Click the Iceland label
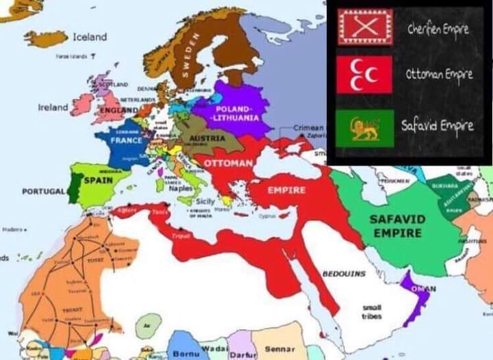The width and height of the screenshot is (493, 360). click(90, 36)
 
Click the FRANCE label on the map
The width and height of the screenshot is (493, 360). click(126, 140)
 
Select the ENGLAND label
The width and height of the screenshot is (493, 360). click(118, 110)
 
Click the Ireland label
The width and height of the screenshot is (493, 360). click(53, 107)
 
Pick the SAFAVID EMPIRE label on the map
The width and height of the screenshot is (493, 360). click(398, 226)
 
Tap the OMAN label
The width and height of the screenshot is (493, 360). click(419, 288)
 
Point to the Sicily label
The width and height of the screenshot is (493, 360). click(205, 202)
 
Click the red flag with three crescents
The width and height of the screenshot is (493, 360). click(364, 75)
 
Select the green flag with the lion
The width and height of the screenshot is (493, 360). click(364, 129)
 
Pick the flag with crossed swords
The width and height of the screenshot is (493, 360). click(364, 27)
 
